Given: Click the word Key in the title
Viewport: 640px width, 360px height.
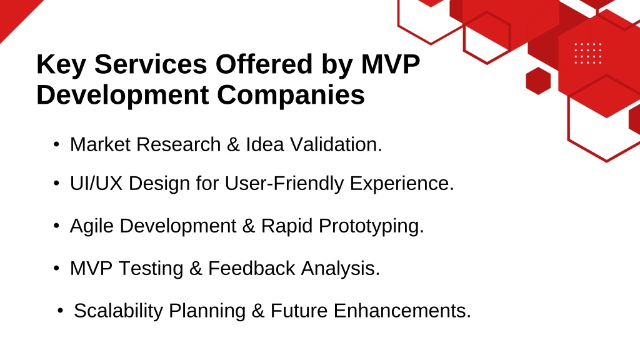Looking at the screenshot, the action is pos(61,65).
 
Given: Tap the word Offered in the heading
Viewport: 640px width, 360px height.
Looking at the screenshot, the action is pos(264,64).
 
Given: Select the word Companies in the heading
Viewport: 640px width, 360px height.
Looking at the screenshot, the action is pos(291,96).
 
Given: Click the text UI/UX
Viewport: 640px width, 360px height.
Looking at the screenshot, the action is pos(96,183).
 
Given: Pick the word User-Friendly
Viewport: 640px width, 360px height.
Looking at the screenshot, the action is pos(284,183).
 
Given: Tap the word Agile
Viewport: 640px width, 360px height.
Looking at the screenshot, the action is pos(91,226).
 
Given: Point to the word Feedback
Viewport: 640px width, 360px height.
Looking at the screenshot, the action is pos(251,269).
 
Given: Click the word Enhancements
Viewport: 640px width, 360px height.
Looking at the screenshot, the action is pos(402,311).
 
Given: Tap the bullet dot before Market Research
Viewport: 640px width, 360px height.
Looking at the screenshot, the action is pos(56,144).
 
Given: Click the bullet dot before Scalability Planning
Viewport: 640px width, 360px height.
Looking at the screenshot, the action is pos(61,311).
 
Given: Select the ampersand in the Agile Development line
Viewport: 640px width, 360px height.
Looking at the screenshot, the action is pos(248,226).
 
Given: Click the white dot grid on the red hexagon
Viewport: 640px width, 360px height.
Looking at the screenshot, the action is pos(587,54).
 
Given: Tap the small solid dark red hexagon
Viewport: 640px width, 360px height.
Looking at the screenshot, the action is pos(538,81).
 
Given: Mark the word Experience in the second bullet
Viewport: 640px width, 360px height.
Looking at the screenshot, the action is pos(402,183).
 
